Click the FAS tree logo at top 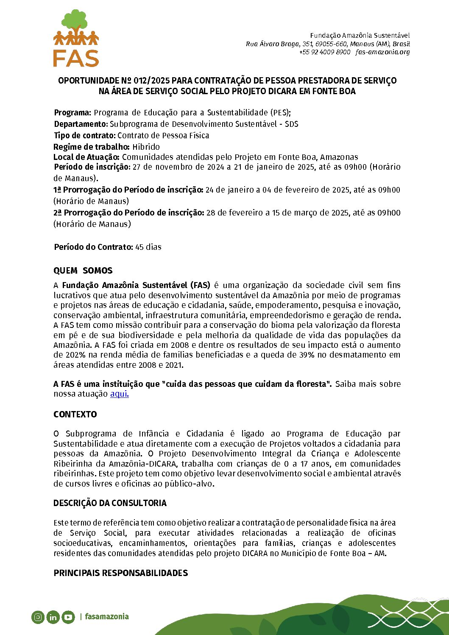point(76,38)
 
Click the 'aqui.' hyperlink point(119,394)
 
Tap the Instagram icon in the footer point(38,617)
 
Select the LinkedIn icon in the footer point(53,617)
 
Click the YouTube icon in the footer point(68,617)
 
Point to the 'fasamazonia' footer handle point(106,616)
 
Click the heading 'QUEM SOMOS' point(83,271)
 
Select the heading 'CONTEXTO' point(75,414)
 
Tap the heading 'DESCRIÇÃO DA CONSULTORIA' point(110,503)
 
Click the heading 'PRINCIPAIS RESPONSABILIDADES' point(120,573)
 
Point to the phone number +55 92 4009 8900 point(325,52)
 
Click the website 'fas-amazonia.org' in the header point(383,52)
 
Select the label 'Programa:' point(73,112)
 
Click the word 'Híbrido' point(146,147)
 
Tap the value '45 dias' point(148,247)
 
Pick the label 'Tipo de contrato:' point(85,135)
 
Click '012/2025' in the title point(151,81)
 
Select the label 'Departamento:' point(81,124)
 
